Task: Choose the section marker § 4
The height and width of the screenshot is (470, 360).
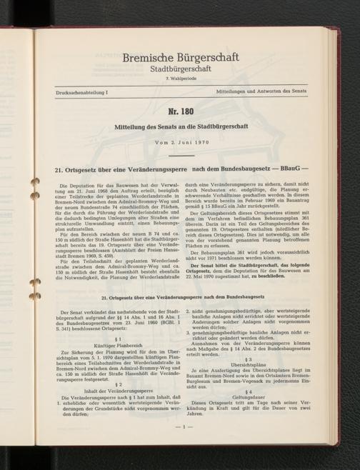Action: pos(248,392)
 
